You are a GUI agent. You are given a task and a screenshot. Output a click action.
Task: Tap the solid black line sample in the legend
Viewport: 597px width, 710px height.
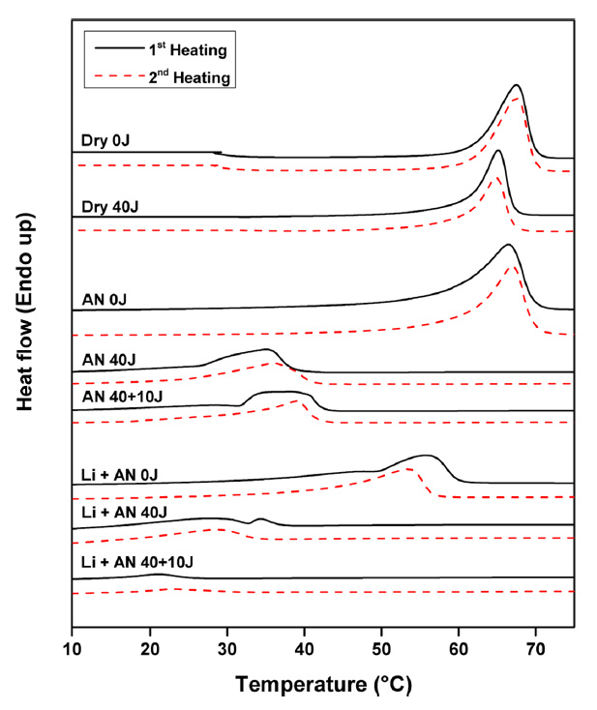111,48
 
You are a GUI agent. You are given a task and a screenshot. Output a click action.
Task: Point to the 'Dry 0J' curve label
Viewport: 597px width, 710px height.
105,140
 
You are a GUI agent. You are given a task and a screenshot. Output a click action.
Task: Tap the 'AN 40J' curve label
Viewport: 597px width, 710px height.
108,359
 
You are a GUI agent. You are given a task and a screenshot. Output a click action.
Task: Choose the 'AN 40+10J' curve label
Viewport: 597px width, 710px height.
121,395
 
